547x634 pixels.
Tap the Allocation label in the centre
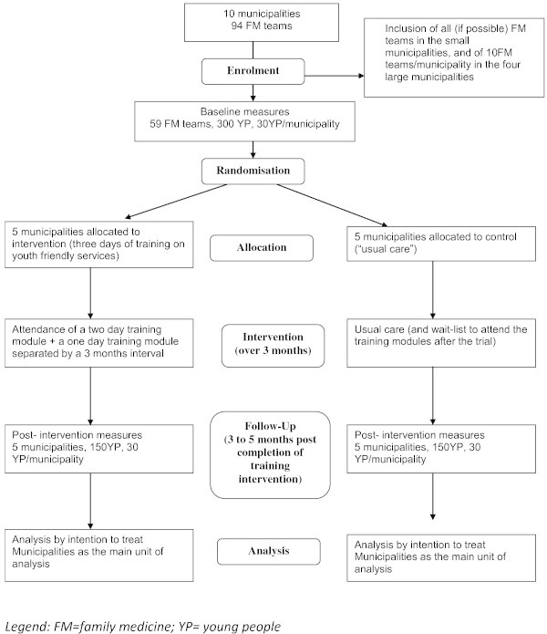[x=262, y=246]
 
